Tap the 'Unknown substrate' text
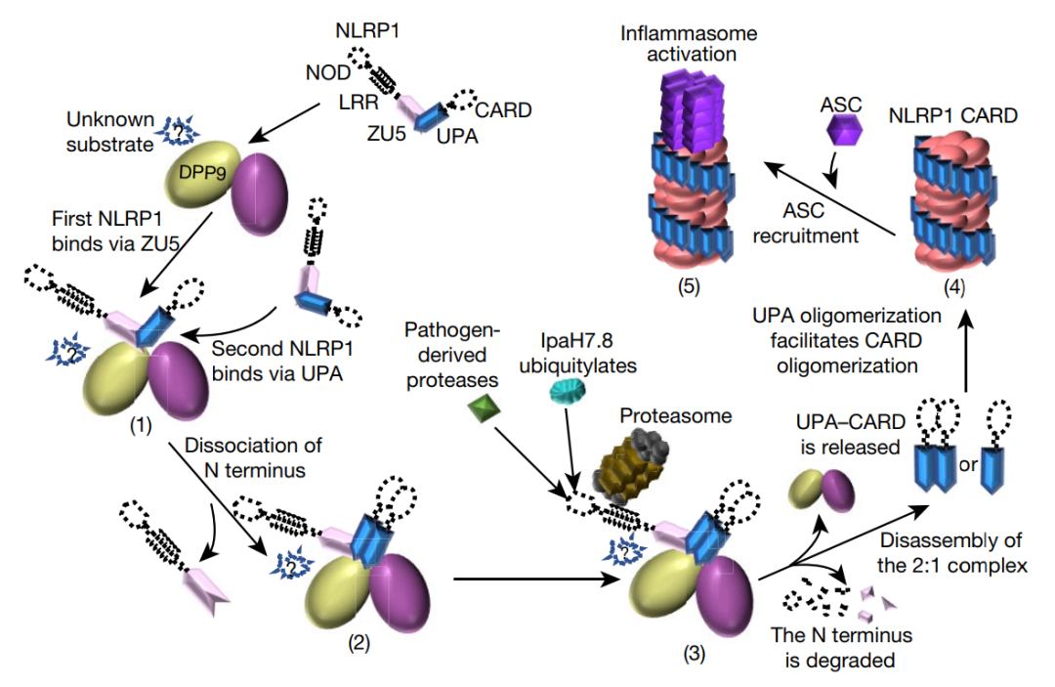click(110, 132)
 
